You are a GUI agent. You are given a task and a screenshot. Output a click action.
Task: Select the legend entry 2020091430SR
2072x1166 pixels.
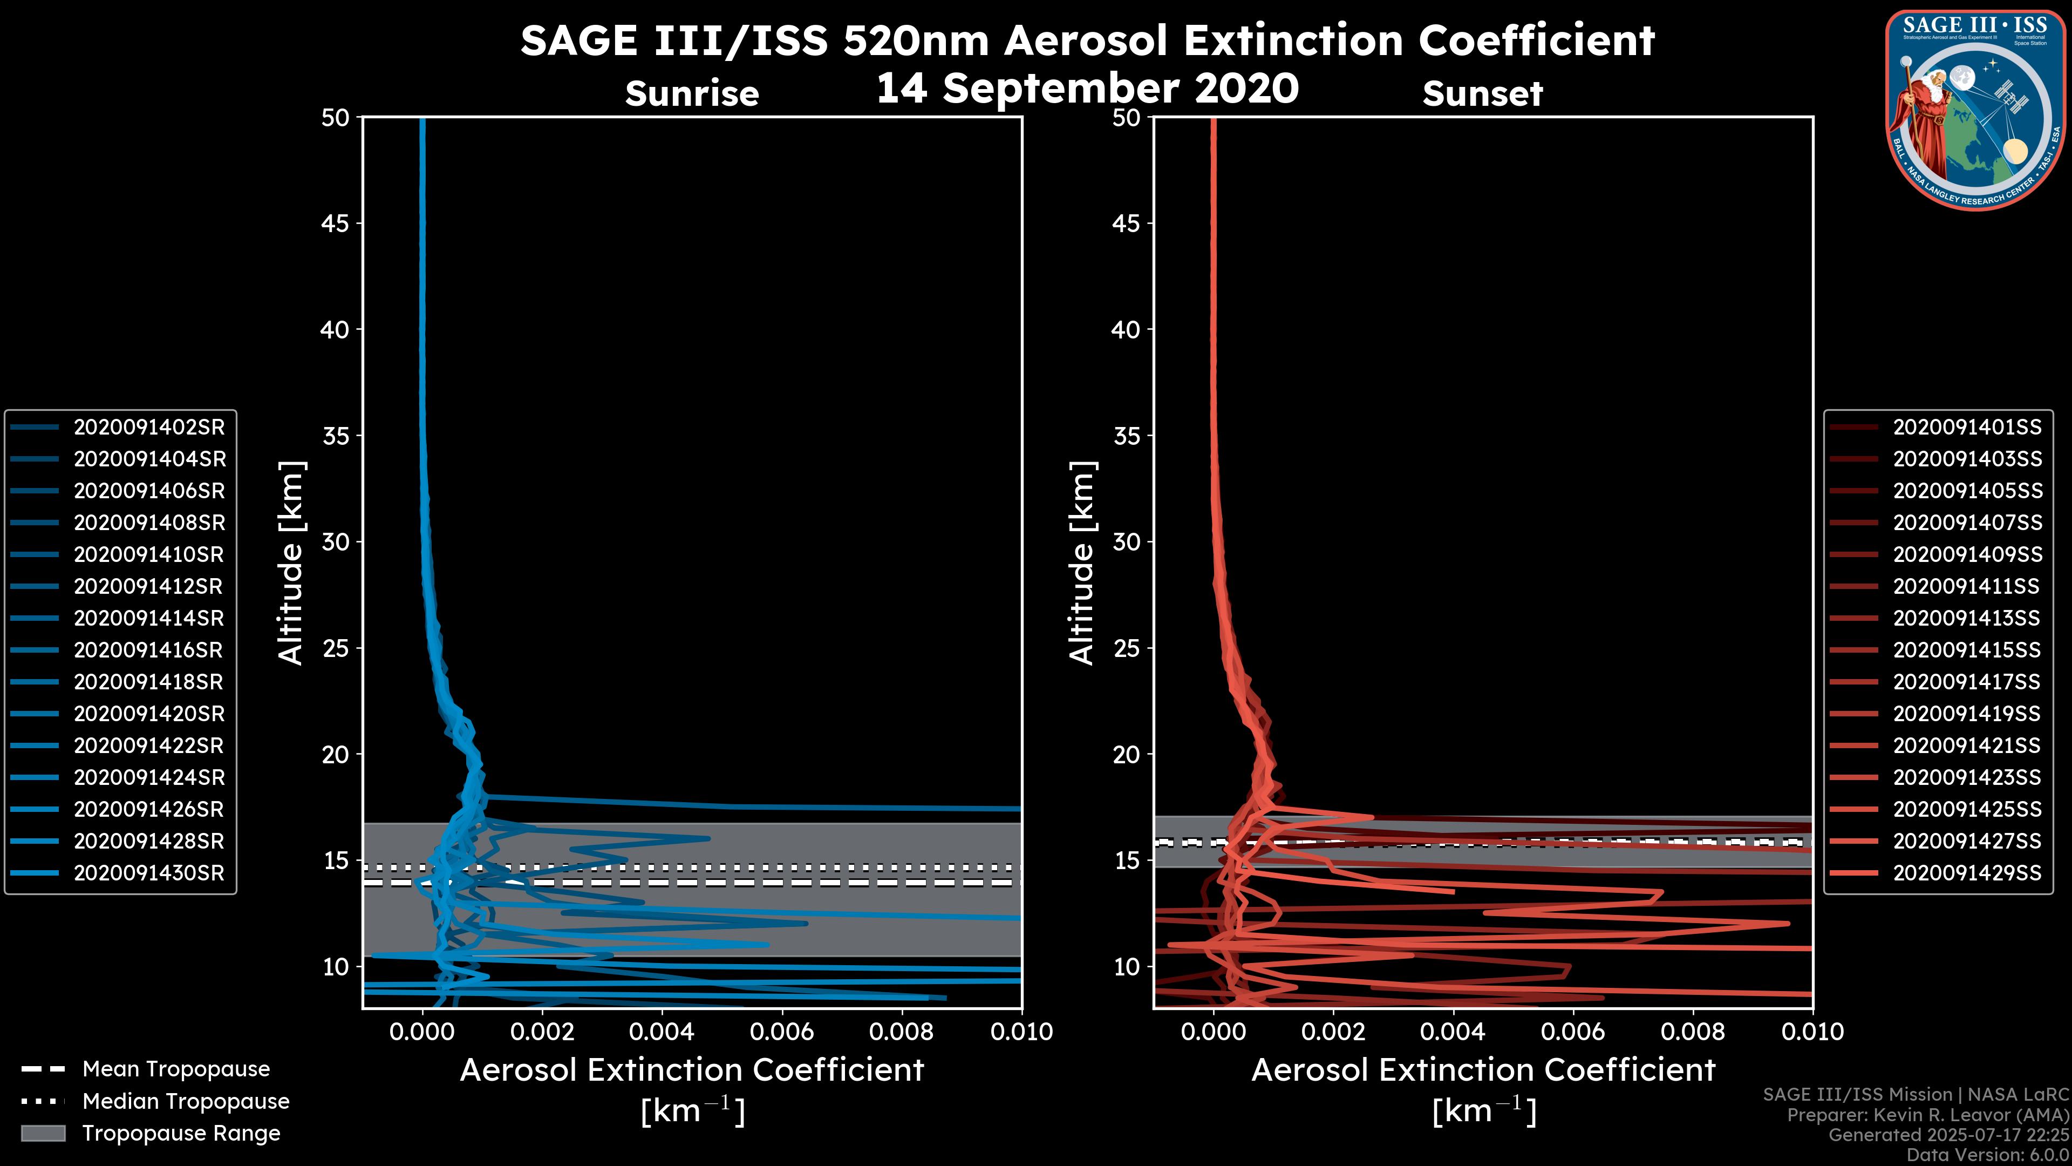point(149,873)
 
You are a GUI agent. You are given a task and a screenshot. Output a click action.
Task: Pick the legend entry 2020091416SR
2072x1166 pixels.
point(149,650)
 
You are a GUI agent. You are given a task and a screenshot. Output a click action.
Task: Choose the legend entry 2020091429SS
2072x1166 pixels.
point(1967,873)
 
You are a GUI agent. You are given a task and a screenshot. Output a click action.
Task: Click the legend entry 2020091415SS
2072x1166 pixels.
point(1967,650)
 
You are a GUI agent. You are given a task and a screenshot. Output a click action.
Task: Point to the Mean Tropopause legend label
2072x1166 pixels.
point(175,1069)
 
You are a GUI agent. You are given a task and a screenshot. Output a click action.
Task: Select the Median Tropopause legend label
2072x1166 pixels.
point(185,1102)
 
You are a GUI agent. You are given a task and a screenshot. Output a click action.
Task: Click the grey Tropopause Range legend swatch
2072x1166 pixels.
point(43,1134)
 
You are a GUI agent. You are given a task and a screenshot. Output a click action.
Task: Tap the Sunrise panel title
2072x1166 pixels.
point(692,94)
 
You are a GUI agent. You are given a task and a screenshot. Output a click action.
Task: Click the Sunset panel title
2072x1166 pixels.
point(1482,94)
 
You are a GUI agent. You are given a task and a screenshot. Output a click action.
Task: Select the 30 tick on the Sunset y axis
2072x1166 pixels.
point(1126,543)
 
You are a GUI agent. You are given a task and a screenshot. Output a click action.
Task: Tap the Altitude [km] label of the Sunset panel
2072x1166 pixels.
point(1082,563)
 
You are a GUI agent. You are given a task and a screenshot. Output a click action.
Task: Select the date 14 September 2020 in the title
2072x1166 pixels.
point(1087,89)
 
